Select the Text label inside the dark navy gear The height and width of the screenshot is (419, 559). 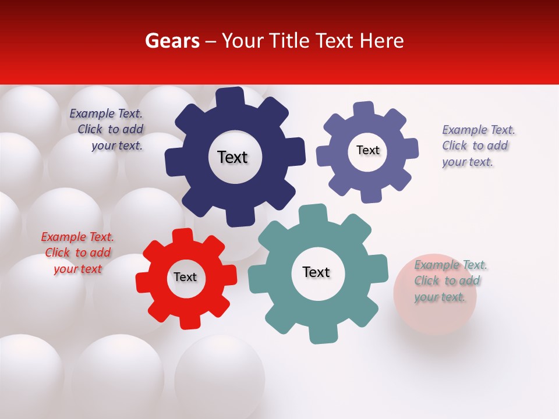coord(232,157)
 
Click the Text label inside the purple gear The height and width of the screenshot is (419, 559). coord(367,150)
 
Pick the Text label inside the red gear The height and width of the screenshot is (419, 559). coord(185,277)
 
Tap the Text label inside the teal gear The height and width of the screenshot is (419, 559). coord(316,272)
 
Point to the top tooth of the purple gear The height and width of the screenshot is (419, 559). coord(364,110)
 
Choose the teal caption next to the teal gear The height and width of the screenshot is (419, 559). coord(450,280)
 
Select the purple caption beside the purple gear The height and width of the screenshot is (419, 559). coord(477,145)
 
